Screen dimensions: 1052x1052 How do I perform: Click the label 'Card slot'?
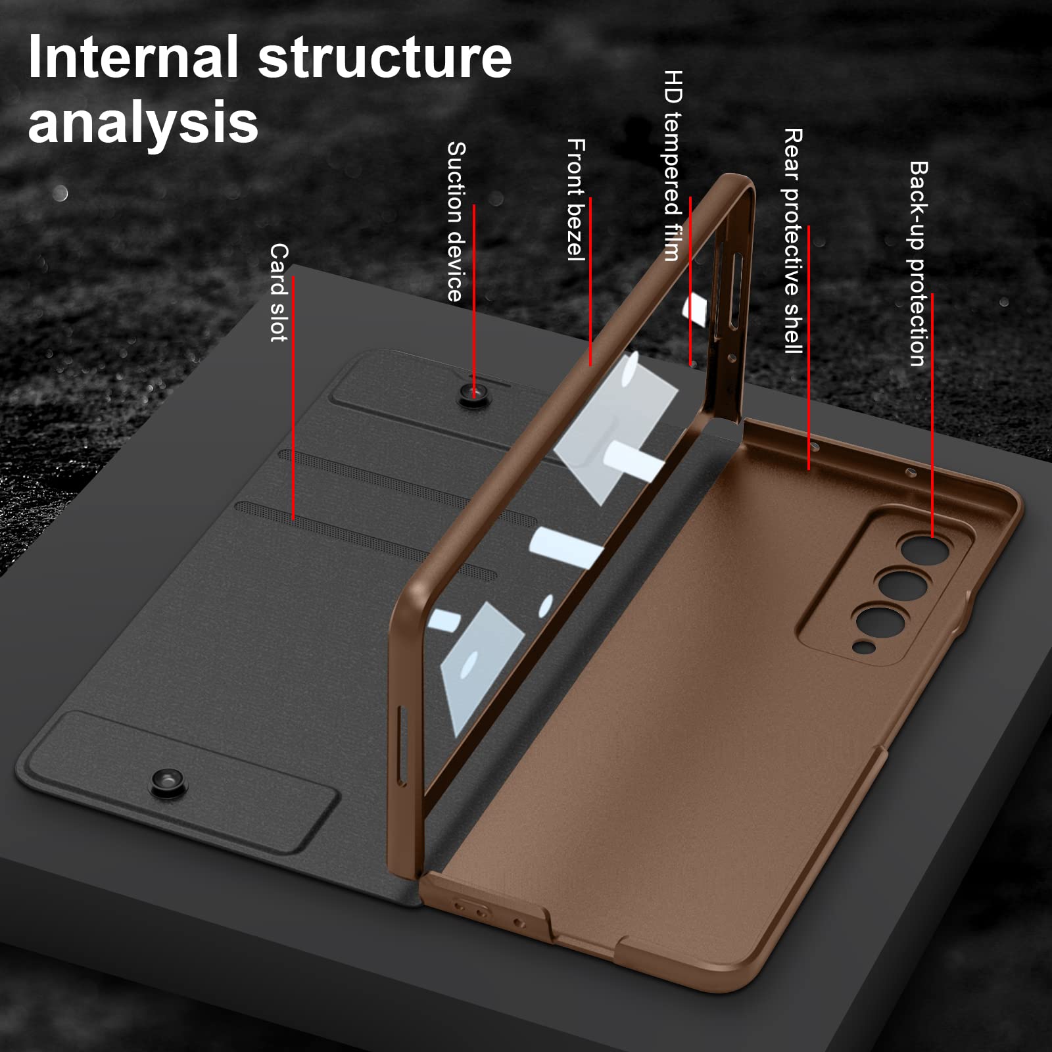(279, 293)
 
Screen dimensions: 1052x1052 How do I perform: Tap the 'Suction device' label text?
(456, 222)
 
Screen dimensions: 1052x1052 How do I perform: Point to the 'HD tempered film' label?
(673, 165)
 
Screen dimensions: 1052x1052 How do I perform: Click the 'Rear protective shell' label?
(793, 241)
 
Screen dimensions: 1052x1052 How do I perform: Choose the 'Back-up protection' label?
(918, 263)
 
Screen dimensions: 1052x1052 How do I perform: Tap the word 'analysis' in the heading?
(143, 122)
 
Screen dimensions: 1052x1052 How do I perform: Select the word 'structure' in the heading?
(385, 58)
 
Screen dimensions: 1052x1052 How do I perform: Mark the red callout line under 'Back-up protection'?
(932, 414)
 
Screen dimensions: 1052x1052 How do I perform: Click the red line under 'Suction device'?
(473, 296)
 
